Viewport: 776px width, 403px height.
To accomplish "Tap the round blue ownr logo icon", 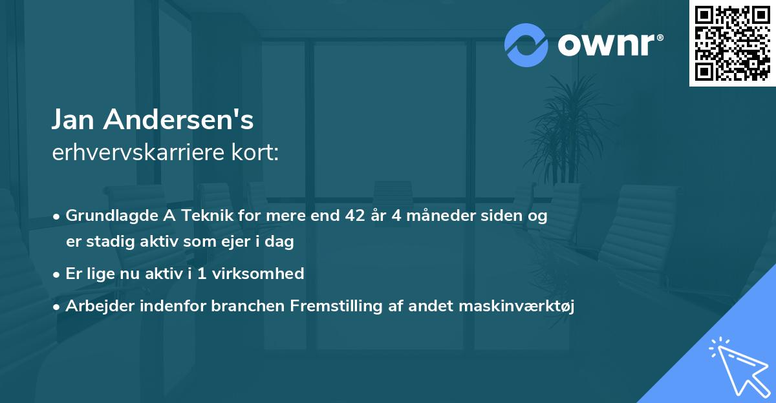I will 526,45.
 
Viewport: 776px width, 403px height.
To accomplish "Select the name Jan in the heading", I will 73,119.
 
